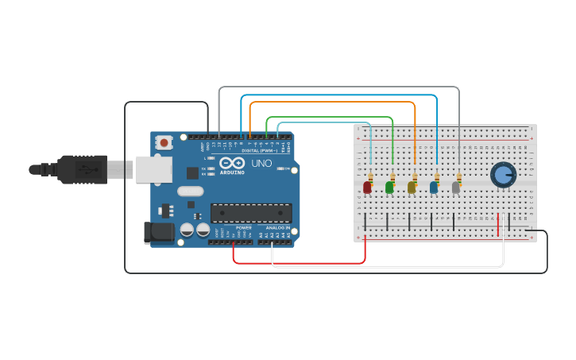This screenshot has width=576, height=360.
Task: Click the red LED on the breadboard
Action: pyautogui.click(x=367, y=188)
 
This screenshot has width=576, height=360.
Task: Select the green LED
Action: pyautogui.click(x=389, y=188)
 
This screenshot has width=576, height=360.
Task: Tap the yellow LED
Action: pyautogui.click(x=412, y=188)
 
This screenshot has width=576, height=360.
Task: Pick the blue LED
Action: pyautogui.click(x=434, y=188)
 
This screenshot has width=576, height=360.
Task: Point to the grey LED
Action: pyautogui.click(x=456, y=188)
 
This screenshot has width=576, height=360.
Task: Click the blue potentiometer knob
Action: pyautogui.click(x=503, y=174)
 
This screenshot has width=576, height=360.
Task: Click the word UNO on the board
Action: pyautogui.click(x=262, y=164)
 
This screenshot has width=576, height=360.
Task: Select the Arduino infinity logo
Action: pyautogui.click(x=232, y=163)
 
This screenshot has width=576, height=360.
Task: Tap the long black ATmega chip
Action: pyautogui.click(x=250, y=213)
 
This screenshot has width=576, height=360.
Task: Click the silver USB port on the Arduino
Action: pyautogui.click(x=153, y=169)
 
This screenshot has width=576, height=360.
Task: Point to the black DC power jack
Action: pyautogui.click(x=158, y=232)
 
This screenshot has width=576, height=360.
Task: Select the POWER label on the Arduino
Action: pyautogui.click(x=243, y=228)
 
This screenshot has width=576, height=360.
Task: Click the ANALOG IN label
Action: pyautogui.click(x=277, y=228)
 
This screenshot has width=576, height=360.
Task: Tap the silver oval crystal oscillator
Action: pyautogui.click(x=191, y=191)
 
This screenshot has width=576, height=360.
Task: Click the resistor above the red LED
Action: pyautogui.click(x=370, y=176)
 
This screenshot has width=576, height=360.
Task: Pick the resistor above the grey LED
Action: pyautogui.click(x=459, y=176)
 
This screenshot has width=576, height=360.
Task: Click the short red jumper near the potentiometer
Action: pyautogui.click(x=498, y=224)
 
